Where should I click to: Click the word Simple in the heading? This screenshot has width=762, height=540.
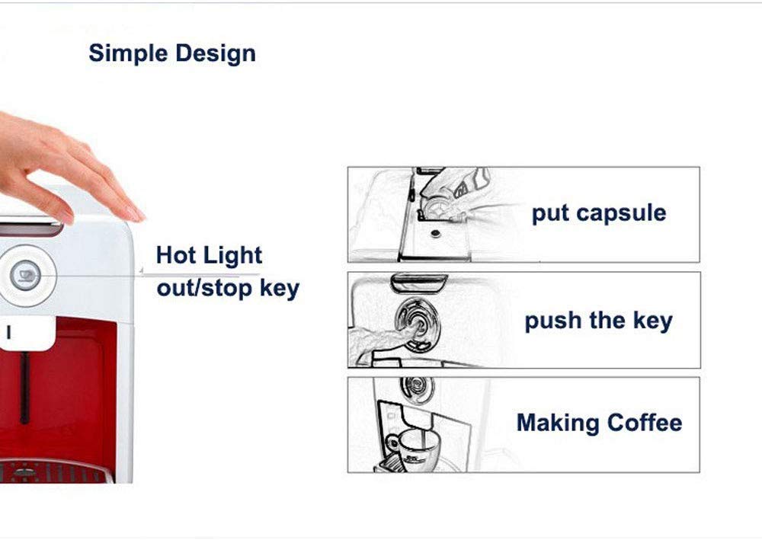pyautogui.click(x=128, y=54)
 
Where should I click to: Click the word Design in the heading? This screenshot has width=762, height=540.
pyautogui.click(x=216, y=54)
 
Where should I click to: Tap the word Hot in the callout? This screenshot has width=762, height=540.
pyautogui.click(x=176, y=255)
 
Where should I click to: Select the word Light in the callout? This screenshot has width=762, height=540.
pyautogui.click(x=232, y=256)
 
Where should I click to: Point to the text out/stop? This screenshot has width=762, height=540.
pyautogui.click(x=204, y=288)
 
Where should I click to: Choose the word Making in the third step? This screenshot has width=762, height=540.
pyautogui.click(x=558, y=423)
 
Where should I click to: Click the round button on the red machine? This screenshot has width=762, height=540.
pyautogui.click(x=24, y=276)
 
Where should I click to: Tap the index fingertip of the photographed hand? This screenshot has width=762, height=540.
pyautogui.click(x=137, y=214)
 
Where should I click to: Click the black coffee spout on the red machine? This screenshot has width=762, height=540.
pyautogui.click(x=24, y=388)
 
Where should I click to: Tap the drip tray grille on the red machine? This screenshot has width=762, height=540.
pyautogui.click(x=53, y=472)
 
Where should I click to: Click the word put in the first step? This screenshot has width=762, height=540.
pyautogui.click(x=550, y=214)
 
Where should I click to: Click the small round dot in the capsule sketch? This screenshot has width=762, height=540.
pyautogui.click(x=436, y=234)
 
